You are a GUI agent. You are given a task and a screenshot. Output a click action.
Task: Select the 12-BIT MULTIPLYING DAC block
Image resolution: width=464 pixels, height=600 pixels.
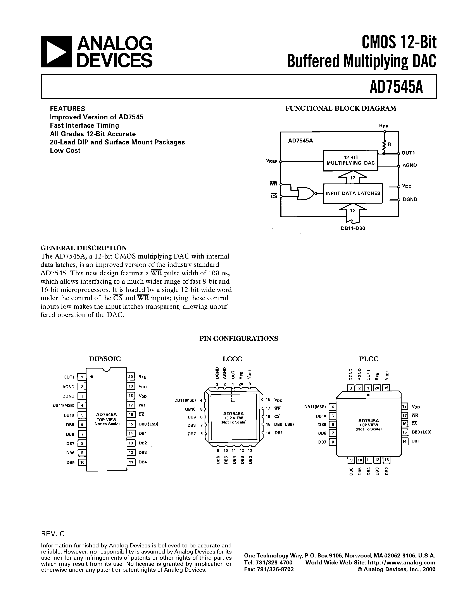pos(350,160)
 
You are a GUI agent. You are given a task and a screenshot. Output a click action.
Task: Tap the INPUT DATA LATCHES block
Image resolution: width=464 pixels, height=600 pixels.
pos(352,193)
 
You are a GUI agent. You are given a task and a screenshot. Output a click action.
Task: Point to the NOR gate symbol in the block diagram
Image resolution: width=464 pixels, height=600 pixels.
pos(305,193)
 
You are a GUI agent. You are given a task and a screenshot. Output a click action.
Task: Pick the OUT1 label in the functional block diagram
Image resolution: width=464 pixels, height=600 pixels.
pos(408,153)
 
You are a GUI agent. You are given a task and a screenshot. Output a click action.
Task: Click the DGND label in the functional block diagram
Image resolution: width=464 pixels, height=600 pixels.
pos(410,199)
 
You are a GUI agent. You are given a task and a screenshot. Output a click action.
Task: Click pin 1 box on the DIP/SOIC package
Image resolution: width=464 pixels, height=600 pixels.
pos(82,377)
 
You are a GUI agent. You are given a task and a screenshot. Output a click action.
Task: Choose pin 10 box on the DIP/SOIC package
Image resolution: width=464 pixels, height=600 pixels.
pos(82,462)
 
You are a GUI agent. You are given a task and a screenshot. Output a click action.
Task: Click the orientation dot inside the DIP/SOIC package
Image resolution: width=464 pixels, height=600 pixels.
pos(92,377)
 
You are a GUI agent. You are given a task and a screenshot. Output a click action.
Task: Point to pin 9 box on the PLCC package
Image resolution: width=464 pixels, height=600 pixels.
pos(351,460)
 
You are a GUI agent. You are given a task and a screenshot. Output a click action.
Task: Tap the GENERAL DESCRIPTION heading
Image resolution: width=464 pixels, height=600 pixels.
pos(84,248)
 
